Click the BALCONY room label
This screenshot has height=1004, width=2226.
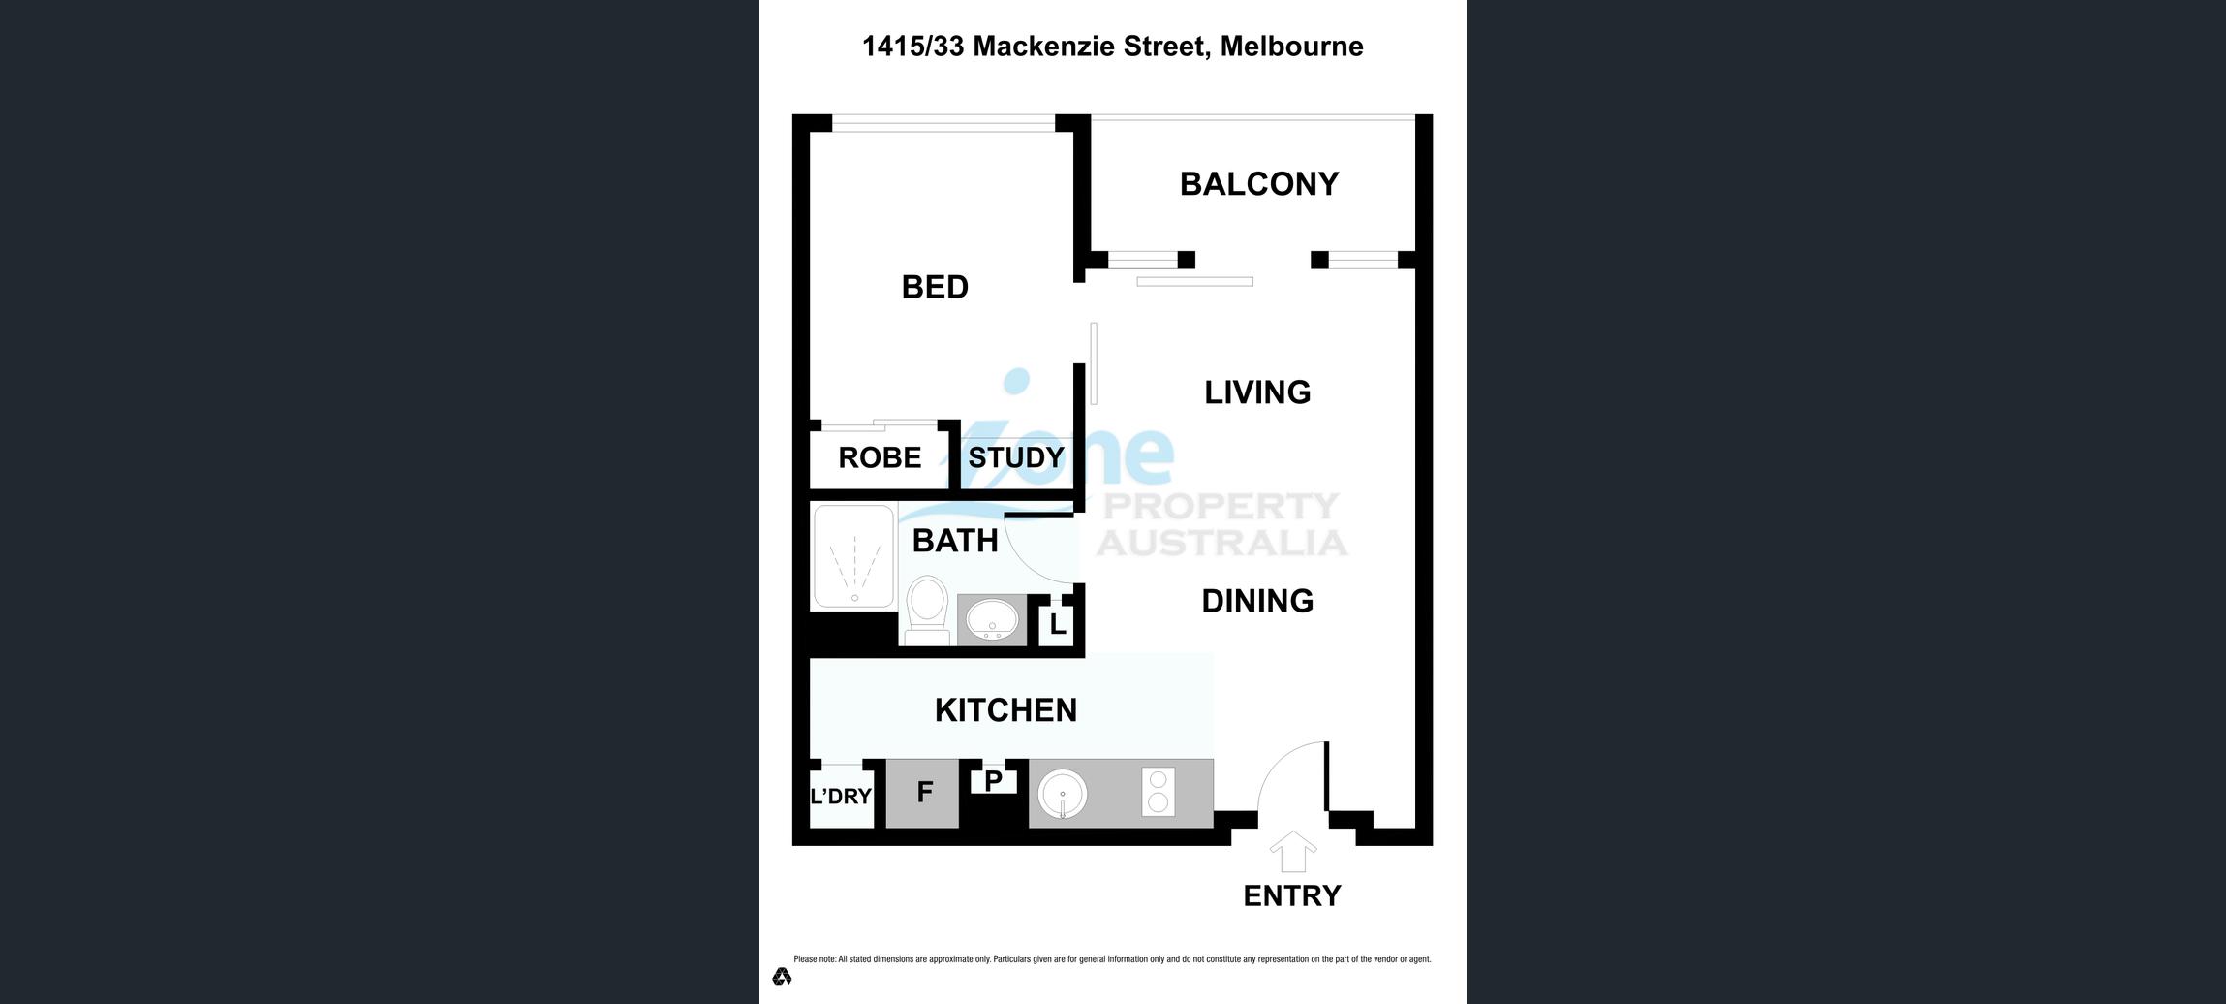[1259, 184]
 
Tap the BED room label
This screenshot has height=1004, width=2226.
[935, 287]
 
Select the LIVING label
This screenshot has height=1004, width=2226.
[1257, 392]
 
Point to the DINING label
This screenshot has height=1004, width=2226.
[1257, 601]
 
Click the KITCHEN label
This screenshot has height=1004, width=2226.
[1005, 710]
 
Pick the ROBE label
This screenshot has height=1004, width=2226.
[880, 457]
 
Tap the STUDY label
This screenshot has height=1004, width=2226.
[1016, 457]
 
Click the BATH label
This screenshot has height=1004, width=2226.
[955, 541]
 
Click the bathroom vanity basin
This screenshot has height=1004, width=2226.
[992, 618]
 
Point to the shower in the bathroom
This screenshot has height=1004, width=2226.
[853, 557]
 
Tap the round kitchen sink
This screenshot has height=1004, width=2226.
[1063, 795]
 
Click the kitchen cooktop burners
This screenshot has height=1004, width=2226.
[1158, 792]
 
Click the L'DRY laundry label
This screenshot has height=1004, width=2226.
[841, 797]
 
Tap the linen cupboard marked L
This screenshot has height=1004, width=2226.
[1057, 625]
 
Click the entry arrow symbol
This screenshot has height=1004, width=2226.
[1293, 852]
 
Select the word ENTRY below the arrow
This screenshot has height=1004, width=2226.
[1292, 896]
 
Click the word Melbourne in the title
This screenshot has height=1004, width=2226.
[1291, 47]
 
